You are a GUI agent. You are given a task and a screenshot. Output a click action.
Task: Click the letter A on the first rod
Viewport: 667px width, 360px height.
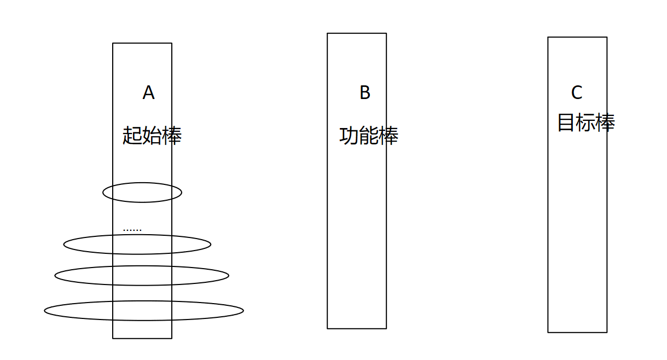(148, 93)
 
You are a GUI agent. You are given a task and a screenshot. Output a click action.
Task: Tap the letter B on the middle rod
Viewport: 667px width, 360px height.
(365, 93)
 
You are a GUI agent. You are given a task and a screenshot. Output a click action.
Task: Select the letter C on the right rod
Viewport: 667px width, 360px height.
(577, 93)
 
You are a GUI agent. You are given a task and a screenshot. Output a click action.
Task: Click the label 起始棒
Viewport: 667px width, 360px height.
(152, 135)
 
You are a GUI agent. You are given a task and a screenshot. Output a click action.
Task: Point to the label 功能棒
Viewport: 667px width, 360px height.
(368, 136)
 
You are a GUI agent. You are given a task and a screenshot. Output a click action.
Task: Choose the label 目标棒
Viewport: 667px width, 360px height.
(585, 123)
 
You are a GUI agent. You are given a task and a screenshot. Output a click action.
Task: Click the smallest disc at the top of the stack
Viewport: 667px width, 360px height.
(142, 193)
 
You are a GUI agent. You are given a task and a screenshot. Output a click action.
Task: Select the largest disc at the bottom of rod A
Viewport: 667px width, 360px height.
(143, 311)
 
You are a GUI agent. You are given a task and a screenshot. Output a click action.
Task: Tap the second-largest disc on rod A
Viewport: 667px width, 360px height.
(142, 275)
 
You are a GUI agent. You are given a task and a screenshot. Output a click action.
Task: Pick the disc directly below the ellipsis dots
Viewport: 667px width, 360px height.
(137, 244)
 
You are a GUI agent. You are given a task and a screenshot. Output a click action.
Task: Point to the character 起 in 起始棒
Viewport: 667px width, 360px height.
(132, 135)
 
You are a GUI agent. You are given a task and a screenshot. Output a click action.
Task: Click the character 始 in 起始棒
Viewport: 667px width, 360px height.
(152, 135)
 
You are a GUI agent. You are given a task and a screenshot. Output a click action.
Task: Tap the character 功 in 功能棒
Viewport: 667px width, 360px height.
(349, 136)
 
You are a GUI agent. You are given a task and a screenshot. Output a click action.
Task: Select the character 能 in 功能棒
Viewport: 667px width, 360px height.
(368, 136)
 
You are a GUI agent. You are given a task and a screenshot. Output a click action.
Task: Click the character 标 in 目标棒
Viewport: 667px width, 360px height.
(585, 123)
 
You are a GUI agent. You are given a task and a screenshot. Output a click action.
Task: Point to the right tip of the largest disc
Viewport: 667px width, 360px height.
(242, 311)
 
